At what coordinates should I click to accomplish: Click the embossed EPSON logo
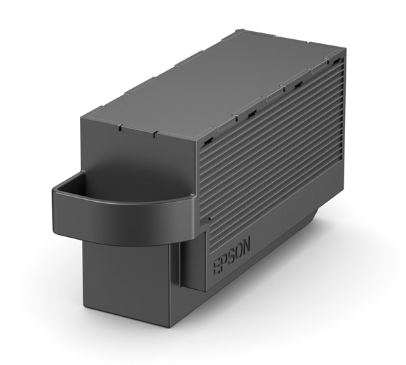point(231,253)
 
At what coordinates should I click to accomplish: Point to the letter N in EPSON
point(245,242)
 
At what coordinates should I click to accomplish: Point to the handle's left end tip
point(54,196)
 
